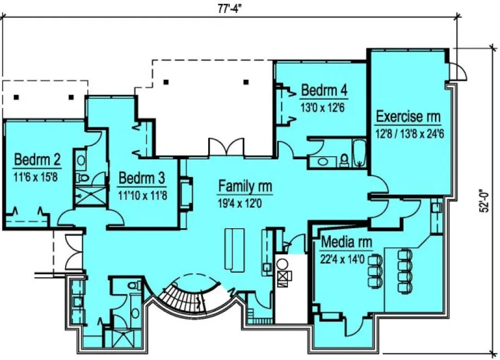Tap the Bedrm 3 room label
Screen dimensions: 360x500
[x=142, y=178]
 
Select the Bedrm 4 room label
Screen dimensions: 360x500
[x=324, y=90]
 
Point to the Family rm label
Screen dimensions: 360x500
[x=245, y=187]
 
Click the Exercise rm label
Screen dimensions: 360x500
[x=408, y=116]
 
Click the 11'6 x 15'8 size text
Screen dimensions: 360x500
[x=37, y=176]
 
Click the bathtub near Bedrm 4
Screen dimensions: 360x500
[x=359, y=153]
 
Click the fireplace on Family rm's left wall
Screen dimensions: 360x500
[x=186, y=193]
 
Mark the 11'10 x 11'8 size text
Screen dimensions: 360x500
[x=142, y=194]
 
